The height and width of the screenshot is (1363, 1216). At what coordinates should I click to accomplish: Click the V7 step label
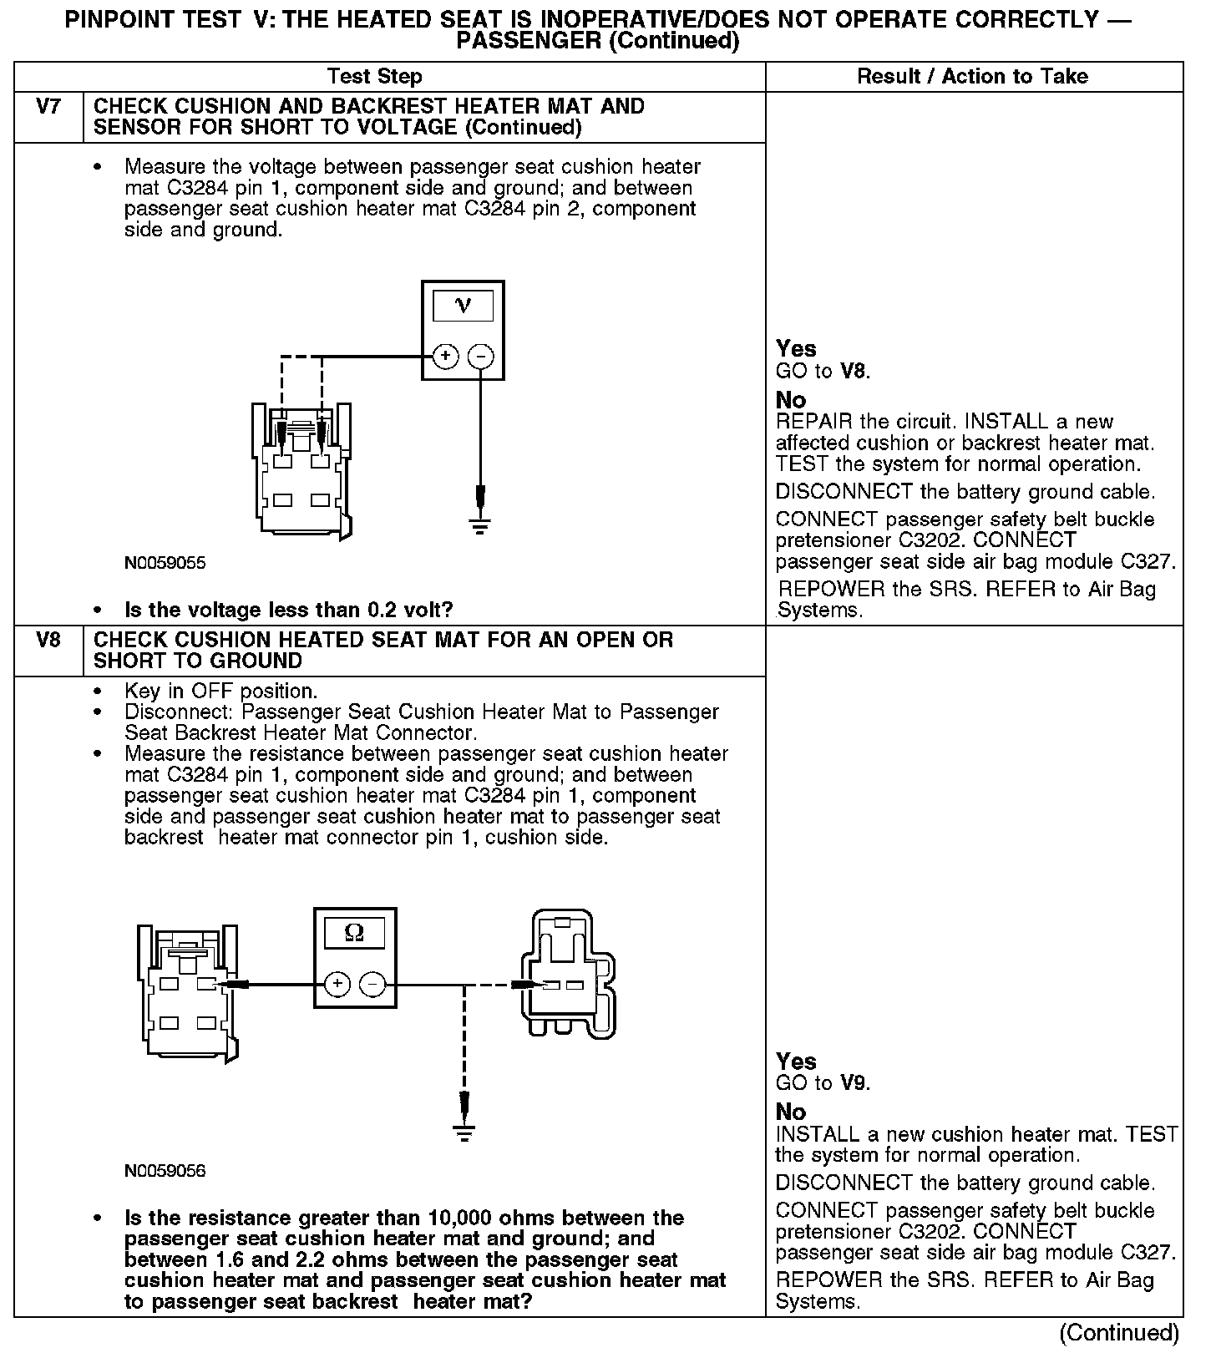click(x=48, y=107)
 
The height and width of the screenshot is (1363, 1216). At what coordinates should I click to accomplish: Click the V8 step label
click(x=48, y=641)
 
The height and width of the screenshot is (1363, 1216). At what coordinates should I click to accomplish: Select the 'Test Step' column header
click(x=374, y=77)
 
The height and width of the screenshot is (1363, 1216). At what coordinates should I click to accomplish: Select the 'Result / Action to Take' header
click(x=972, y=77)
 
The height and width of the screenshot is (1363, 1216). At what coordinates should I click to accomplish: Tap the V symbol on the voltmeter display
click(x=463, y=306)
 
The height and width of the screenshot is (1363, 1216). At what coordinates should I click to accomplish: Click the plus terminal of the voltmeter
click(x=445, y=357)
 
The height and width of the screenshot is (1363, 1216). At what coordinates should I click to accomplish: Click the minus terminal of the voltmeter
click(x=480, y=357)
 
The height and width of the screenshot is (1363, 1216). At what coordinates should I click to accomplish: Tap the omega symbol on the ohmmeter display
click(x=354, y=933)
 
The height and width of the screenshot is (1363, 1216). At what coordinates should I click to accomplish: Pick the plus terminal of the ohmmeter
click(x=337, y=985)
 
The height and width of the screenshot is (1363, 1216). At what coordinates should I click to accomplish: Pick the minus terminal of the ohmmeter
click(x=372, y=985)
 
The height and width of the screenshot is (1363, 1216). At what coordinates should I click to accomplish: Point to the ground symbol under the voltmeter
click(x=480, y=527)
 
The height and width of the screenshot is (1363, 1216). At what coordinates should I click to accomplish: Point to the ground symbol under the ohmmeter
click(x=464, y=1133)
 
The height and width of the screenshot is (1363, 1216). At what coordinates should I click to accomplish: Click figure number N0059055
click(x=165, y=563)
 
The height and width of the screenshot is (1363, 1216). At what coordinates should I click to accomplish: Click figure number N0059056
click(x=165, y=1171)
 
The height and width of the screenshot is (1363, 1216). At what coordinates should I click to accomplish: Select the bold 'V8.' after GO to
click(x=855, y=371)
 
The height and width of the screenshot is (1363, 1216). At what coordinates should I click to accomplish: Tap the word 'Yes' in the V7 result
click(x=796, y=348)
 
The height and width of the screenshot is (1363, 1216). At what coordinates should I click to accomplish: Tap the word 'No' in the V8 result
click(x=791, y=1112)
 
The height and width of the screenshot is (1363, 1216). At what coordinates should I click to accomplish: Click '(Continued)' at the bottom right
click(x=1119, y=1333)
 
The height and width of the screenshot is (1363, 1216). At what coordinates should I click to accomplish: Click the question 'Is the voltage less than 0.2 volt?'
click(x=288, y=610)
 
